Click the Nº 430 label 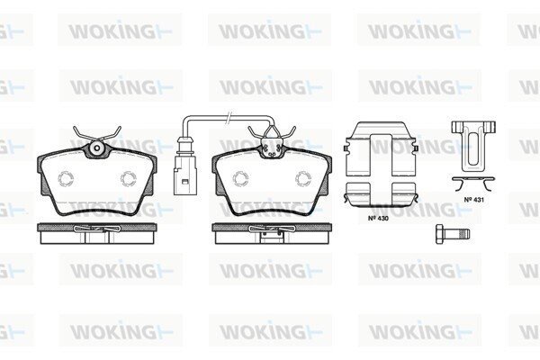click(x=378, y=218)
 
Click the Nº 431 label click(x=474, y=200)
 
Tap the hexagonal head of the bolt click(x=440, y=234)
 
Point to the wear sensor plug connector click(x=185, y=166)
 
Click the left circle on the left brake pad click(x=66, y=179)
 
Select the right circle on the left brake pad click(x=128, y=179)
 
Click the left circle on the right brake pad click(x=240, y=179)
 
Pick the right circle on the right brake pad click(x=303, y=179)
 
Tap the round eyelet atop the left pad click(x=97, y=148)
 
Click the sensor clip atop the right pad click(x=272, y=145)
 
